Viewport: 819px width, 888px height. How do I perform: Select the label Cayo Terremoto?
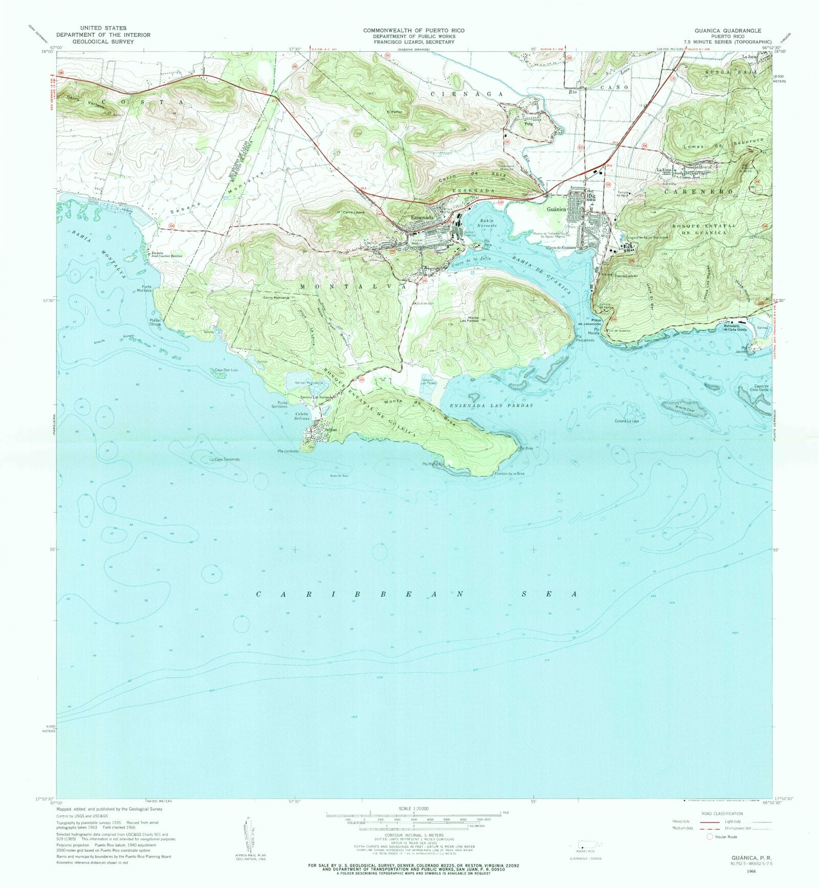(227, 459)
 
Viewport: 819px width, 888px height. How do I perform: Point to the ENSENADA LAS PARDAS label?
(491, 405)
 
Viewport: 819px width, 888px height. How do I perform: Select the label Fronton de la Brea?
(509, 474)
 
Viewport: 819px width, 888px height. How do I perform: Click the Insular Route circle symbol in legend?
(709, 837)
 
